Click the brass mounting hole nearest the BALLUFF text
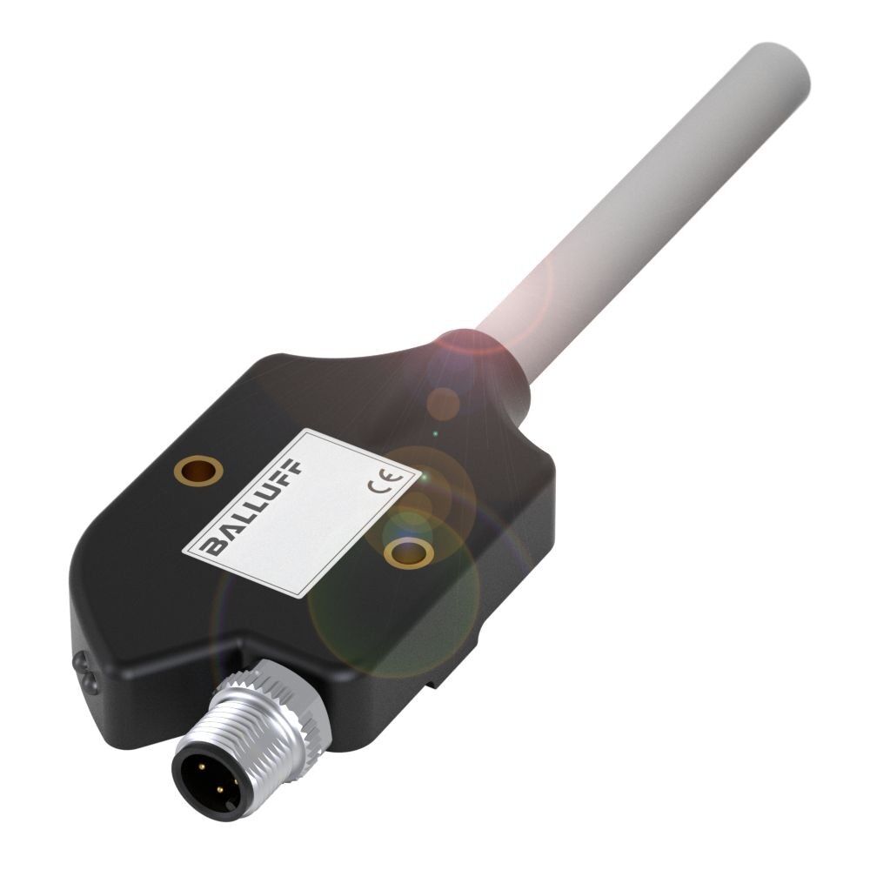(197, 471)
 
